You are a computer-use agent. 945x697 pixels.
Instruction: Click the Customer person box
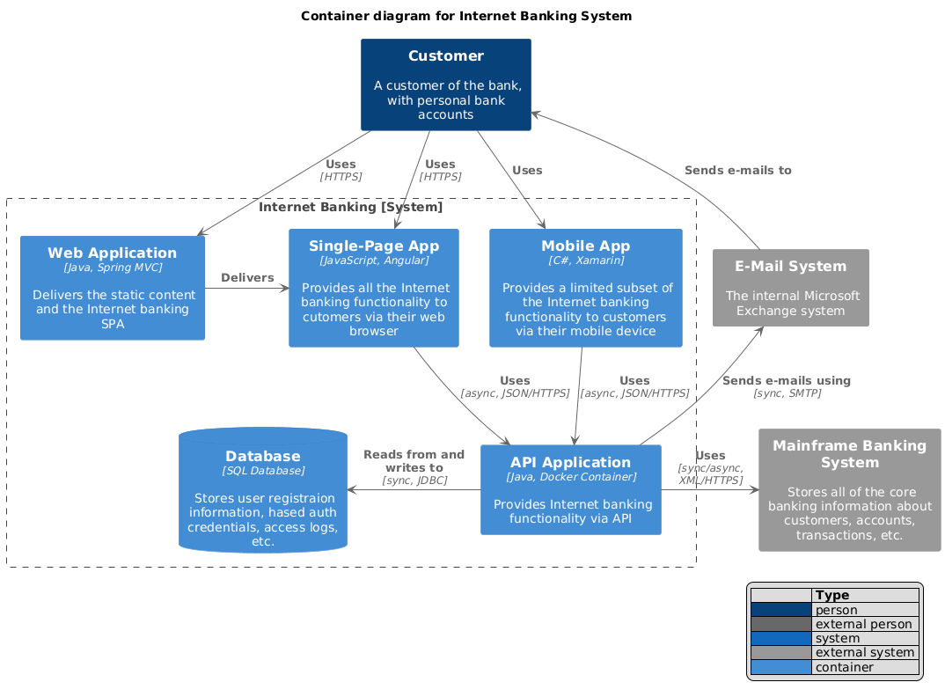445,84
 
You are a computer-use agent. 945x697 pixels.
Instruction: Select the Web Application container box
113,288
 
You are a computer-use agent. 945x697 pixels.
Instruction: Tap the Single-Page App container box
374,288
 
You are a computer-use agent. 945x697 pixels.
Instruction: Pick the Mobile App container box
585,288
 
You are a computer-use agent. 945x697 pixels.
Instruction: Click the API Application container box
571,489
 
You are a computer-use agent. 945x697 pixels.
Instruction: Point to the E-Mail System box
790,288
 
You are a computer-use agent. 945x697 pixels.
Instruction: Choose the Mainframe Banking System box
849,489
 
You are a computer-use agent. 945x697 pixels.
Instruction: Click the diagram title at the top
466,16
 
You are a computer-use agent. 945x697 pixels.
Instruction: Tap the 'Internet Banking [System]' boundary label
351,208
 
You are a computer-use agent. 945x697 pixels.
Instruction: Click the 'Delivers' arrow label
247,278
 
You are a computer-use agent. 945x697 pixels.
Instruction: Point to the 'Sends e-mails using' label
786,381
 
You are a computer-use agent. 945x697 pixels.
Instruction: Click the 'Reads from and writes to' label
414,461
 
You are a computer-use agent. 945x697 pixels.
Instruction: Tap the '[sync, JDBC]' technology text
414,481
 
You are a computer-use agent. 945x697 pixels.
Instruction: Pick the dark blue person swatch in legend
780,610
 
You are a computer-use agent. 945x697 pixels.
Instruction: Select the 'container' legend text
845,667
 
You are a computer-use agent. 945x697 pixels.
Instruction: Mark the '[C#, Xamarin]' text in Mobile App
585,260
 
